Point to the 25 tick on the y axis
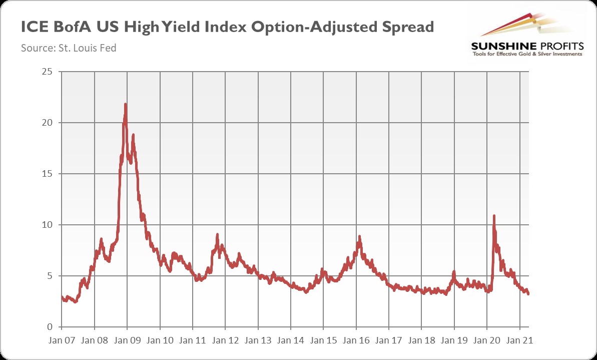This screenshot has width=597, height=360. point(48,72)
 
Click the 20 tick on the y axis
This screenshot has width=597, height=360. point(48,123)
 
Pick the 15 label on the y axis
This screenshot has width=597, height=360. point(48,174)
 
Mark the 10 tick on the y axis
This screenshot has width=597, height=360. point(48,225)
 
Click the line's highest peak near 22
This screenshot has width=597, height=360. point(125,105)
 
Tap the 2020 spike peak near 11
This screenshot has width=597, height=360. point(494,216)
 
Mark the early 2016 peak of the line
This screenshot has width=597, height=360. point(359,237)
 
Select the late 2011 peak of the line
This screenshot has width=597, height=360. point(217,234)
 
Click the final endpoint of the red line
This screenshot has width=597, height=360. point(528,294)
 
